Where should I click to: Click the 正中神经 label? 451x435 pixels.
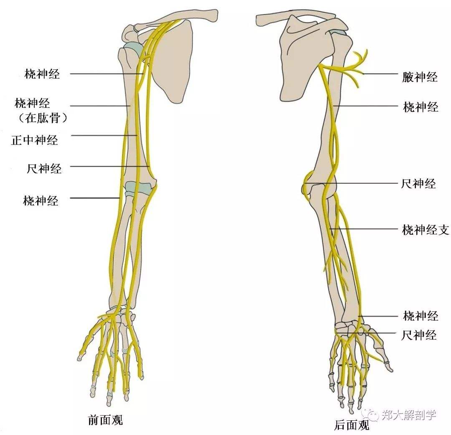click(x=35, y=140)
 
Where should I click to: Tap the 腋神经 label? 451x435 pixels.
click(x=420, y=77)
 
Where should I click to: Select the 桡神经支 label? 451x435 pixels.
click(x=426, y=230)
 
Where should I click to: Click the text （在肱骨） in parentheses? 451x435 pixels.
click(x=43, y=118)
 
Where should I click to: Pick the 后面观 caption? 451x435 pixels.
click(x=352, y=425)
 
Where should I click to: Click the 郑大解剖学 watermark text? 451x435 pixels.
click(x=409, y=415)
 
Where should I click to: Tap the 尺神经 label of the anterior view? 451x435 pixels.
click(x=44, y=168)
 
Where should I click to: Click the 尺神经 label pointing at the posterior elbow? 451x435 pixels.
click(x=418, y=183)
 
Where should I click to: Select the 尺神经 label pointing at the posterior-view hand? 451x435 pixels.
click(x=419, y=335)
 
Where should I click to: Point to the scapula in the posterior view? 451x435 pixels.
click(x=305, y=58)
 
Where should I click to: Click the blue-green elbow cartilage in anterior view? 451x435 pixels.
click(x=138, y=189)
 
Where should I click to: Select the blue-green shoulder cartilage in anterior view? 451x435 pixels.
click(x=133, y=49)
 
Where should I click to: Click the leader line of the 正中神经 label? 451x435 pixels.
click(x=104, y=135)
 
